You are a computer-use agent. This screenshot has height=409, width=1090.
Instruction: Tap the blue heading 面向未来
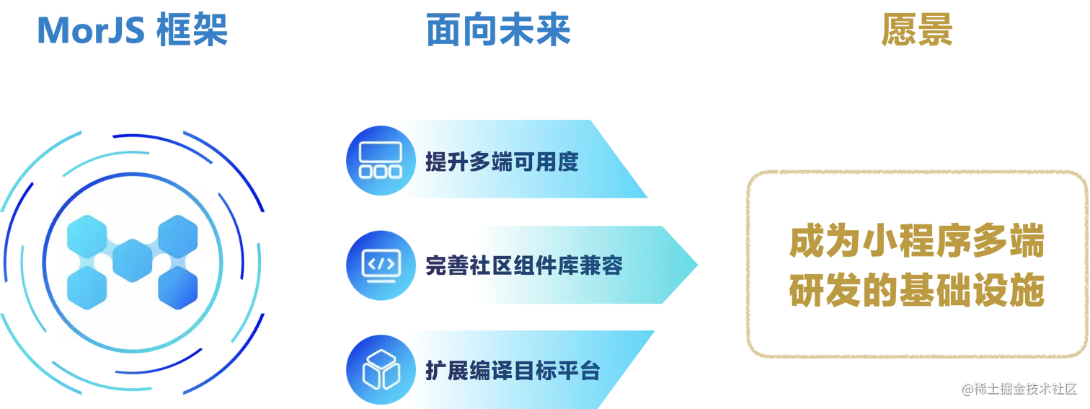coord(499,31)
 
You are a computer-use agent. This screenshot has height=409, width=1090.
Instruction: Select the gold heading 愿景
coord(918,31)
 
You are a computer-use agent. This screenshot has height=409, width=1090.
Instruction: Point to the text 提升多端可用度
coord(502,162)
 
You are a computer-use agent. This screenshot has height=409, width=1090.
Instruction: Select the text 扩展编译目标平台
coord(513,371)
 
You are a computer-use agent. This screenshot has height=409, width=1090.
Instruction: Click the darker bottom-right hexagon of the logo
coord(177,288)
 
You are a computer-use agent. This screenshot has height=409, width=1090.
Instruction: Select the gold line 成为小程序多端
coord(916,243)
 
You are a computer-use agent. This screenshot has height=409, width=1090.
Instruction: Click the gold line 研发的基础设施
coord(916,292)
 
